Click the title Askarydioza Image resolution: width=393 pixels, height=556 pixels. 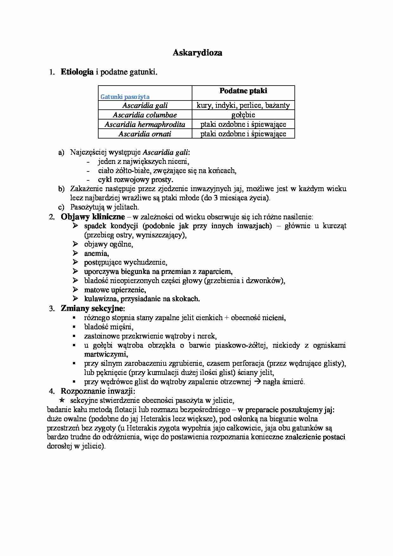pyautogui.click(x=197, y=53)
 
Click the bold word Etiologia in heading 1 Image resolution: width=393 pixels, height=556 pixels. pyautogui.click(x=77, y=72)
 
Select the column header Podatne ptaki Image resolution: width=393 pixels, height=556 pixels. pyautogui.click(x=243, y=91)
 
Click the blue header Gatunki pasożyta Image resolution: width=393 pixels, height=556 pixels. pyautogui.click(x=125, y=97)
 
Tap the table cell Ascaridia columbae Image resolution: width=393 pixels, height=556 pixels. pyautogui.click(x=145, y=115)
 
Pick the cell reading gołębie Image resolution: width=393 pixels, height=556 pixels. pyautogui.click(x=243, y=115)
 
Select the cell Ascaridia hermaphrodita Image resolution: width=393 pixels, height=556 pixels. pyautogui.click(x=145, y=124)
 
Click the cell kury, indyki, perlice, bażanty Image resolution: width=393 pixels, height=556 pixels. pyautogui.click(x=243, y=105)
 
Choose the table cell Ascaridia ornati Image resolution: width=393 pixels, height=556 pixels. pyautogui.click(x=145, y=134)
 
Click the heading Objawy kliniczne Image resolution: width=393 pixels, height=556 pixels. pyautogui.click(x=93, y=217)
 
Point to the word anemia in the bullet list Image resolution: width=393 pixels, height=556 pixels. pyautogui.click(x=96, y=254)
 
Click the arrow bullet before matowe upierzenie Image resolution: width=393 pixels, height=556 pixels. pyautogui.click(x=75, y=290)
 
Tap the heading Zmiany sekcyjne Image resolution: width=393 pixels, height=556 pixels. pyautogui.click(x=93, y=308)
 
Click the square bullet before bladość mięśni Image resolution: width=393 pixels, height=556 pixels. pyautogui.click(x=74, y=327)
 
